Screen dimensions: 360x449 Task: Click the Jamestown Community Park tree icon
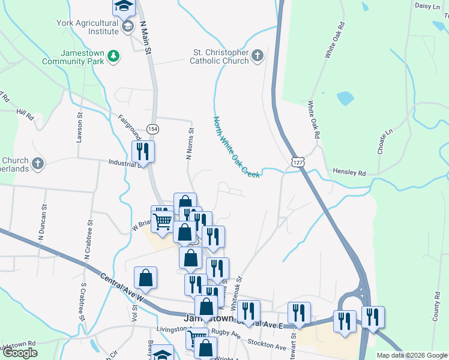pyautogui.click(x=113, y=56)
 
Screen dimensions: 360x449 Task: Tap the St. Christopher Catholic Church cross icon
pyautogui.click(x=258, y=56)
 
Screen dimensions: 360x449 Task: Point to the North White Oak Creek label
pyautogui.click(x=236, y=147)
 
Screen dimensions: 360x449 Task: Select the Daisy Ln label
pyautogui.click(x=427, y=5)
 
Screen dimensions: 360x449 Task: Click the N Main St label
pyautogui.click(x=145, y=38)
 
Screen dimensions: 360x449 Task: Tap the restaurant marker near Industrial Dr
pyautogui.click(x=143, y=151)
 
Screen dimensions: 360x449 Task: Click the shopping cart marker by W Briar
pyautogui.click(x=162, y=222)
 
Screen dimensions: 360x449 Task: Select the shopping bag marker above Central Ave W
pyautogui.click(x=145, y=278)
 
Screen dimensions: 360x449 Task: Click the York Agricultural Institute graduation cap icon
pyautogui.click(x=128, y=26)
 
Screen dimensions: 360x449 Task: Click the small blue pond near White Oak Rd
pyautogui.click(x=345, y=98)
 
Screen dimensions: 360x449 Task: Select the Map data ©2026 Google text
pyautogui.click(x=412, y=355)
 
